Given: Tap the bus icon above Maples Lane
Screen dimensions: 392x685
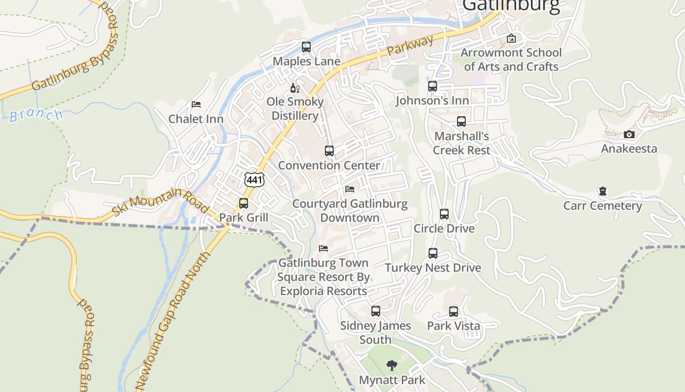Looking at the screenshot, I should click(306, 47).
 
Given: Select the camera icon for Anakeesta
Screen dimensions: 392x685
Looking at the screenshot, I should click(629, 134).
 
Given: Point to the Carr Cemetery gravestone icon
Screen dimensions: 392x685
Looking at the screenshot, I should click(602, 191).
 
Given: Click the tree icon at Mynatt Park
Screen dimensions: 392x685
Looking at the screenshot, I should click(391, 365).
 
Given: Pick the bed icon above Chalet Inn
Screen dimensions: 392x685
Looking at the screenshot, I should click(196, 104).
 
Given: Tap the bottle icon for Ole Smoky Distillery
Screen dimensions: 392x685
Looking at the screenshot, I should click(295, 88).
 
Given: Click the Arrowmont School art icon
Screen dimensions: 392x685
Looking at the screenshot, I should click(511, 38).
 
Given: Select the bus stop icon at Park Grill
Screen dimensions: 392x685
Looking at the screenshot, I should click(243, 203).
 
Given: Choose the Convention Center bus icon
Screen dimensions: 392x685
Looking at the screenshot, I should click(329, 151).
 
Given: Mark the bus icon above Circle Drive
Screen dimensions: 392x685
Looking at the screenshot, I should click(444, 214).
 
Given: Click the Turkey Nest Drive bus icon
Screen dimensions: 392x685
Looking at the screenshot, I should click(433, 253).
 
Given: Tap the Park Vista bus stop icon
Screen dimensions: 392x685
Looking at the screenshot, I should click(454, 312).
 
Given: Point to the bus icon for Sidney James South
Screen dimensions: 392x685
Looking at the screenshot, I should click(375, 311).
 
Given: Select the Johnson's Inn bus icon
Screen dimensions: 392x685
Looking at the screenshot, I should click(433, 86).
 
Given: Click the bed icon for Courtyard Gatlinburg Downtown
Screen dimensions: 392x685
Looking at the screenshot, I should click(349, 189).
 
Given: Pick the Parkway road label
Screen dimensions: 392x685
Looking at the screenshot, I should click(410, 45).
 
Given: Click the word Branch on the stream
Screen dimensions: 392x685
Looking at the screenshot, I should click(36, 115).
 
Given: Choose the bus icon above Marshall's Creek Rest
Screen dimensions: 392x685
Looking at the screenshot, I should click(461, 122).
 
